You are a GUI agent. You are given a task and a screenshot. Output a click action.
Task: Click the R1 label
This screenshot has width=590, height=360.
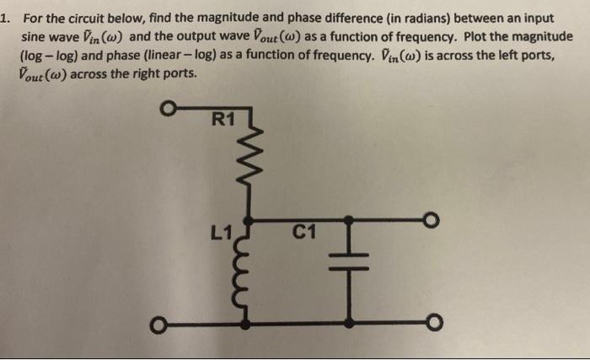coord(222,119)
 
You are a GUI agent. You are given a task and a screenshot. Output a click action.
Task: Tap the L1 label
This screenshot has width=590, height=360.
coord(223,228)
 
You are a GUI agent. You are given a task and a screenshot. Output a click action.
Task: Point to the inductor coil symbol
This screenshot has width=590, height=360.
coord(247,272)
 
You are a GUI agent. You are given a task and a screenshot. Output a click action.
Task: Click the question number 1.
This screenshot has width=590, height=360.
coord(6,18)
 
